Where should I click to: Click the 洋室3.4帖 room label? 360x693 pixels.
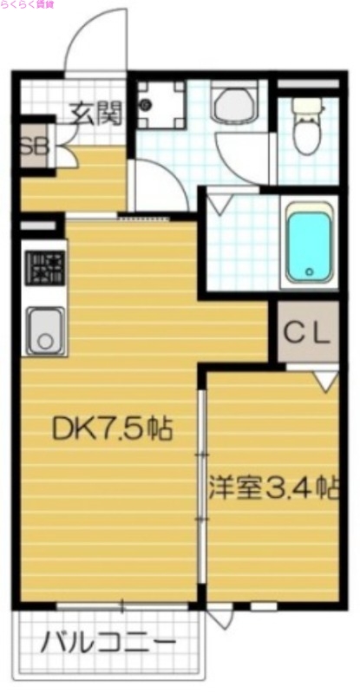(272, 487)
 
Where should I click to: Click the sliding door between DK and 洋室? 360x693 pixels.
(202, 486)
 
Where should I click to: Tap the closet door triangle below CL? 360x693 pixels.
(325, 378)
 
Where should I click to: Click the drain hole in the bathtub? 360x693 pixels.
(310, 272)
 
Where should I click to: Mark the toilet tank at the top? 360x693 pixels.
(306, 104)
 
